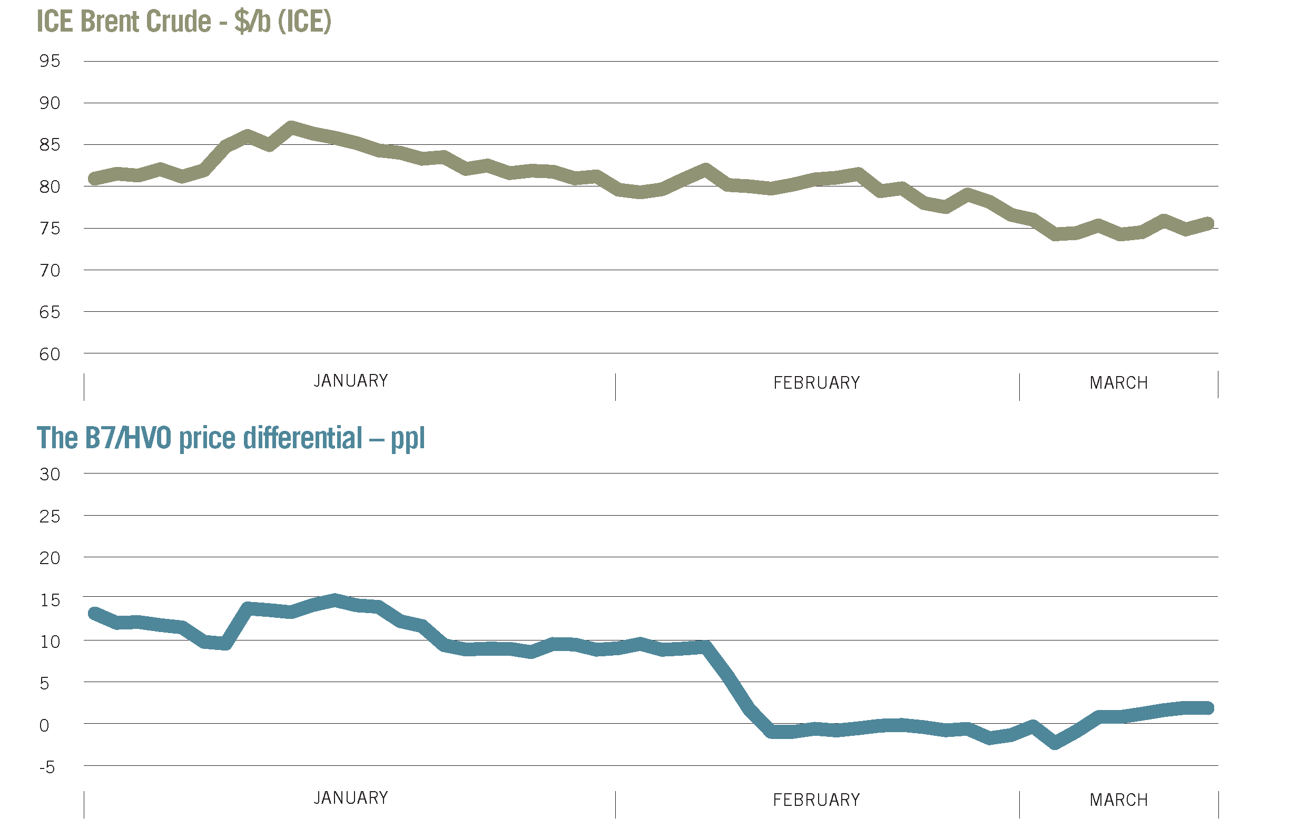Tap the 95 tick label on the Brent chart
click(x=50, y=61)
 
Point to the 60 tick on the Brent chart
click(x=50, y=354)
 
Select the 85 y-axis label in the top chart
click(x=50, y=145)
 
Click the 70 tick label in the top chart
click(x=50, y=271)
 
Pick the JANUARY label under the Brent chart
click(x=351, y=381)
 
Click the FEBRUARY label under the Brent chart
click(x=816, y=383)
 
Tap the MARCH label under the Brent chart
click(x=1119, y=383)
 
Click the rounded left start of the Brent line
click(x=95, y=179)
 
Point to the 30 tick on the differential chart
click(x=50, y=475)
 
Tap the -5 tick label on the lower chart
click(x=47, y=767)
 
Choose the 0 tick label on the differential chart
click(x=45, y=726)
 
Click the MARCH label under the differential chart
click(x=1119, y=800)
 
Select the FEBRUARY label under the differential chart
click(x=816, y=800)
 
